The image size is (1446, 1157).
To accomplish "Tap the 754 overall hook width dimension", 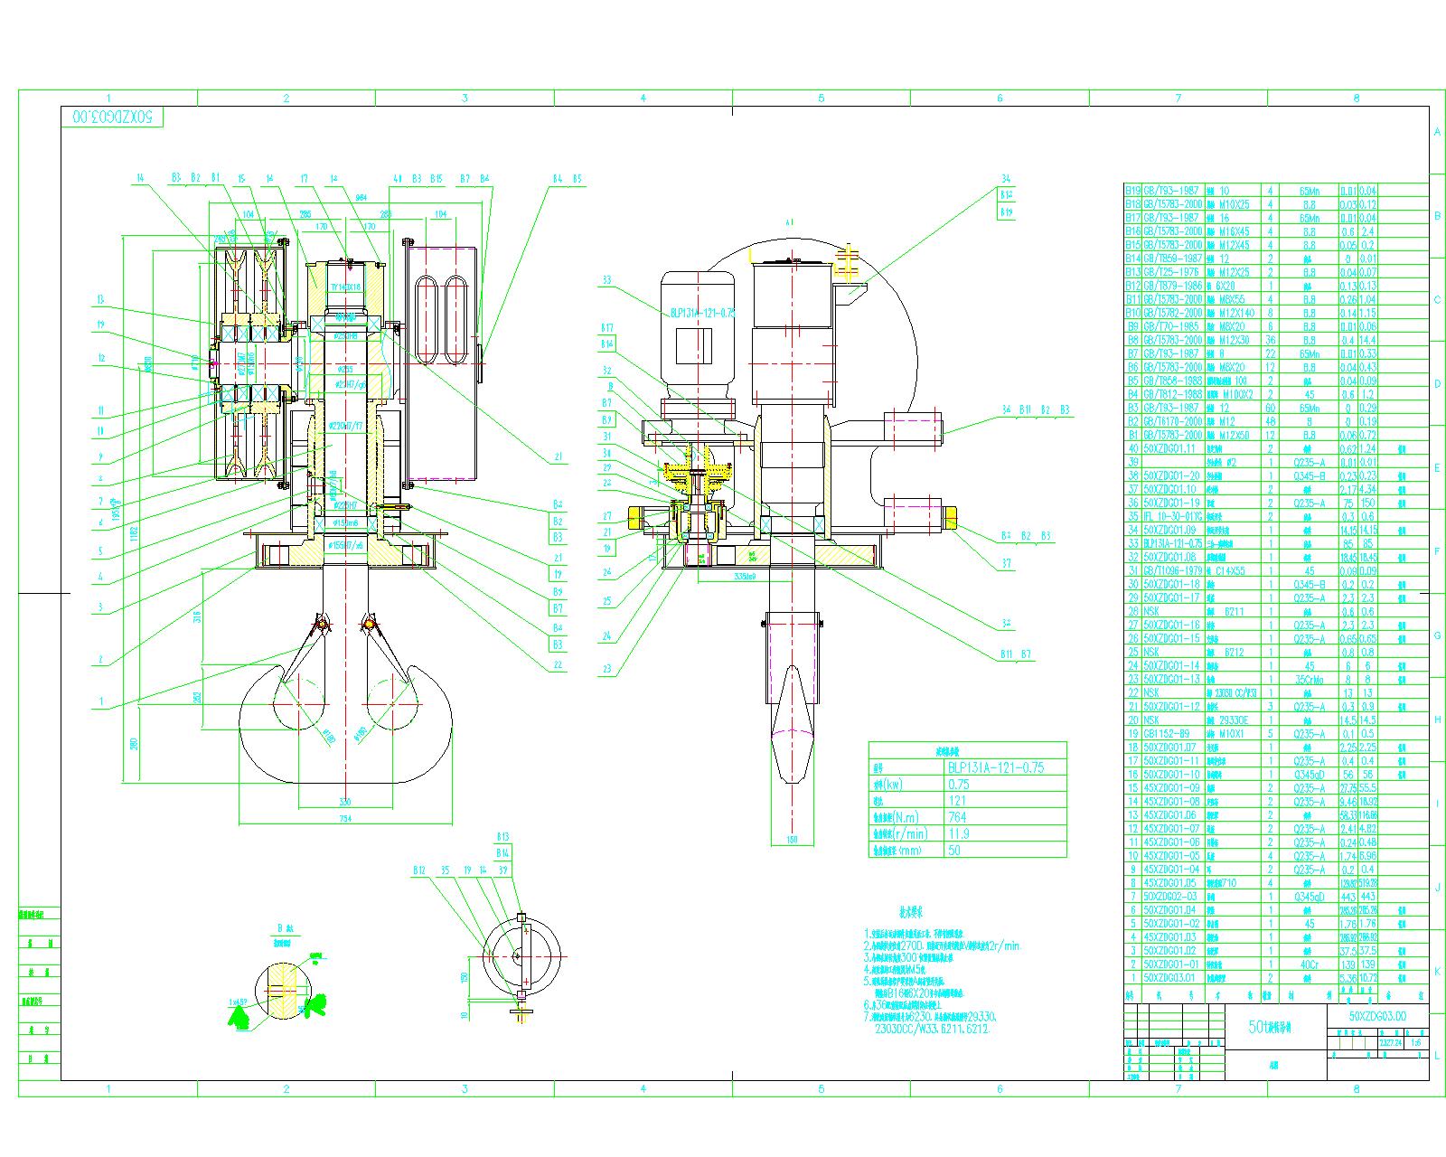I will click(344, 819).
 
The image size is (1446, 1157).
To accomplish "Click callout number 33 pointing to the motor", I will click(607, 280).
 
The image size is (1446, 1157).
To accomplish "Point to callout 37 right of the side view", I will click(1008, 564).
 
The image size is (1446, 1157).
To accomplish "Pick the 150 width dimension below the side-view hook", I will click(792, 840).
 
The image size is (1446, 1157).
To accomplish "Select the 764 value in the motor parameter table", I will click(958, 817).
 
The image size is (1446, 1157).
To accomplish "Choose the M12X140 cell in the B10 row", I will click(1235, 313).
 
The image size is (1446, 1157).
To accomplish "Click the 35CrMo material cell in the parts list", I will click(1310, 679).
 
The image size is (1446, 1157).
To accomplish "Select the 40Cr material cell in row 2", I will click(1310, 964).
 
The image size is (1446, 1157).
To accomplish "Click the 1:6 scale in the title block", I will click(1416, 1042).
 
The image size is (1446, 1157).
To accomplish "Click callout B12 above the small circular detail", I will click(418, 870).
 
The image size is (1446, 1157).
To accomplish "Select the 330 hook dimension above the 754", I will click(344, 802).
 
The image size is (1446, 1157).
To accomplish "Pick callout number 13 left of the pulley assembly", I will click(101, 300).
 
